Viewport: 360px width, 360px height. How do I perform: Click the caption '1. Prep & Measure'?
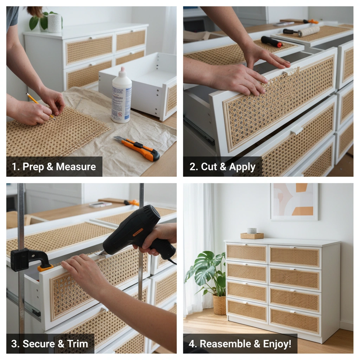click(x=54, y=167)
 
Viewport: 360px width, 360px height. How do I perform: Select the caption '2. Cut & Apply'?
click(x=222, y=167)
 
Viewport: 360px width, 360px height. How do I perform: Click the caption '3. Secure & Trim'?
click(x=50, y=343)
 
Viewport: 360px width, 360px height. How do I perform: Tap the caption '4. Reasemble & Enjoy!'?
click(x=240, y=343)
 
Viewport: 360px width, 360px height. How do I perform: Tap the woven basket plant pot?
click(x=219, y=305)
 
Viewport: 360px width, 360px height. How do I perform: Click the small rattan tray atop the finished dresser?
click(x=252, y=236)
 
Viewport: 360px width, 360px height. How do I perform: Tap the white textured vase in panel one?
click(x=54, y=23)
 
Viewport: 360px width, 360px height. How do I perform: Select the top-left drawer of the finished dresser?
click(x=246, y=253)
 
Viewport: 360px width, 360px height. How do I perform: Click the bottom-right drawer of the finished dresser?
click(x=295, y=321)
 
